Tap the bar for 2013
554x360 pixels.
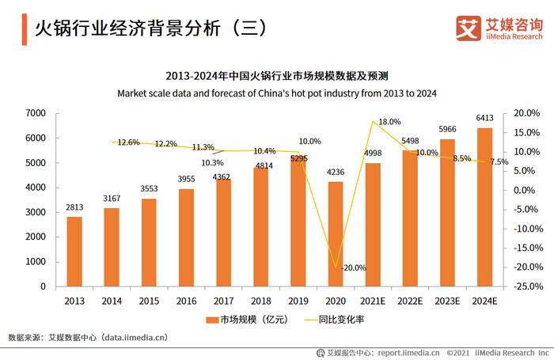click(x=74, y=251)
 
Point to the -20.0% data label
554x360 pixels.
click(x=353, y=267)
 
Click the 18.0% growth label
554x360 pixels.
click(x=389, y=122)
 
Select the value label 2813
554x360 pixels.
click(x=74, y=207)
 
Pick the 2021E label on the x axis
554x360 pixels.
click(x=373, y=301)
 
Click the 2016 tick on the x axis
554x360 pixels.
click(x=186, y=301)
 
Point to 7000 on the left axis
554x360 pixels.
click(x=34, y=113)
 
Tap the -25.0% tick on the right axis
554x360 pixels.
click(x=529, y=286)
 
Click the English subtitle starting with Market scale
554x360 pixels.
click(x=277, y=93)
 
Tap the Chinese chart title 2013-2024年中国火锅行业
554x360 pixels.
click(x=277, y=77)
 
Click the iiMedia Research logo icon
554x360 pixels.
click(x=469, y=28)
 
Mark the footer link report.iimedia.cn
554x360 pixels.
click(x=409, y=353)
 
